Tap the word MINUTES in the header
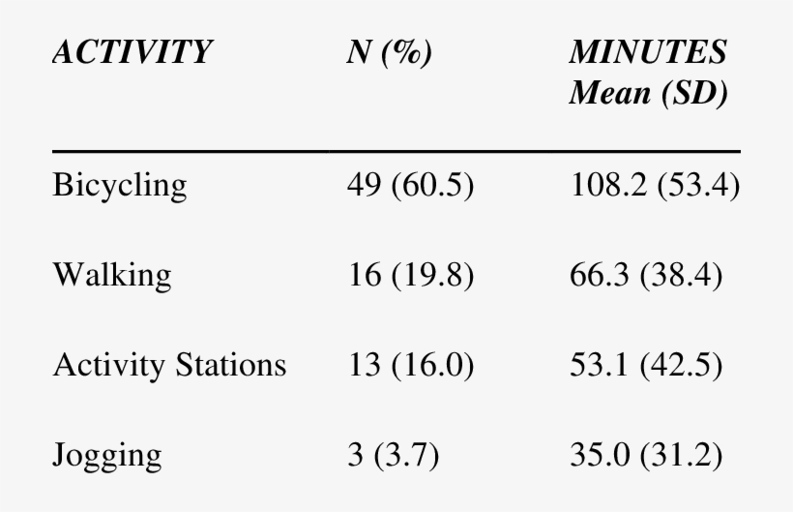[648, 53]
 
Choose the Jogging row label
[108, 454]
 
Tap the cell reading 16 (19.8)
[409, 276]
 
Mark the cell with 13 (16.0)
[409, 365]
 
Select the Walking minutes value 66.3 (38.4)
[645, 276]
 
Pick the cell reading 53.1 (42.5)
[645, 365]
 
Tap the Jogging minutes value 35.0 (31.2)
[645, 454]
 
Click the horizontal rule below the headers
[396, 151]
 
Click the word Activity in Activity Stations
[108, 365]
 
